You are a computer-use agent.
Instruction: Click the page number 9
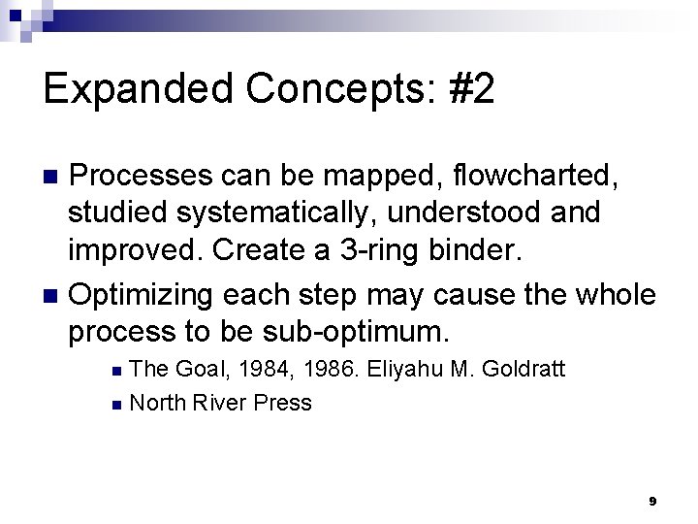click(652, 501)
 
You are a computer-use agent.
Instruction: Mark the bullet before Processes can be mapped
click(54, 178)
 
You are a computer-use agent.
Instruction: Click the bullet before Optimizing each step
click(54, 294)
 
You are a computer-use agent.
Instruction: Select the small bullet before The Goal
click(116, 371)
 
